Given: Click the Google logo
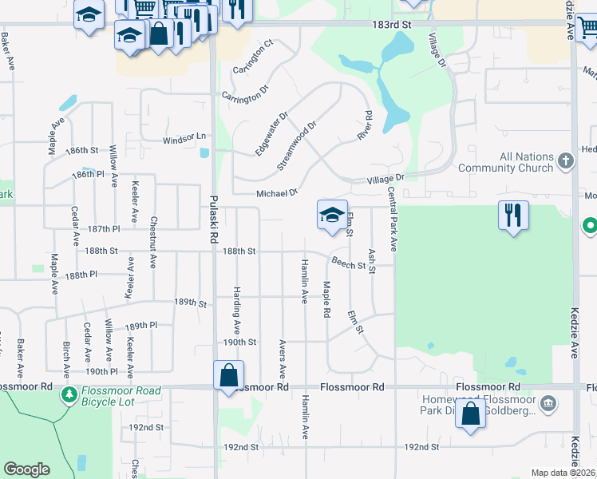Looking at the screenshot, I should (27, 469).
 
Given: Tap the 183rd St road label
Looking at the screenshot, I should (390, 26).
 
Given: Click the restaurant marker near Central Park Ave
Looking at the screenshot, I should (513, 216).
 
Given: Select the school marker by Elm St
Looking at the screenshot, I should (332, 216).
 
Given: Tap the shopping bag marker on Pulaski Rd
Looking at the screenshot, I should (228, 375).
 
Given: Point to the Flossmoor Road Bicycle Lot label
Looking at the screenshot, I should (121, 396).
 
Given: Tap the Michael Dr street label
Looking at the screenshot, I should (276, 193).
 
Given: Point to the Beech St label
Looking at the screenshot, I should (348, 263).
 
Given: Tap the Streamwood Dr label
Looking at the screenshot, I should (297, 144).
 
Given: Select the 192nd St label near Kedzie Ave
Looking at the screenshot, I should (422, 447).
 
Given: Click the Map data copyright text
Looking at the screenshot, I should (563, 473).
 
